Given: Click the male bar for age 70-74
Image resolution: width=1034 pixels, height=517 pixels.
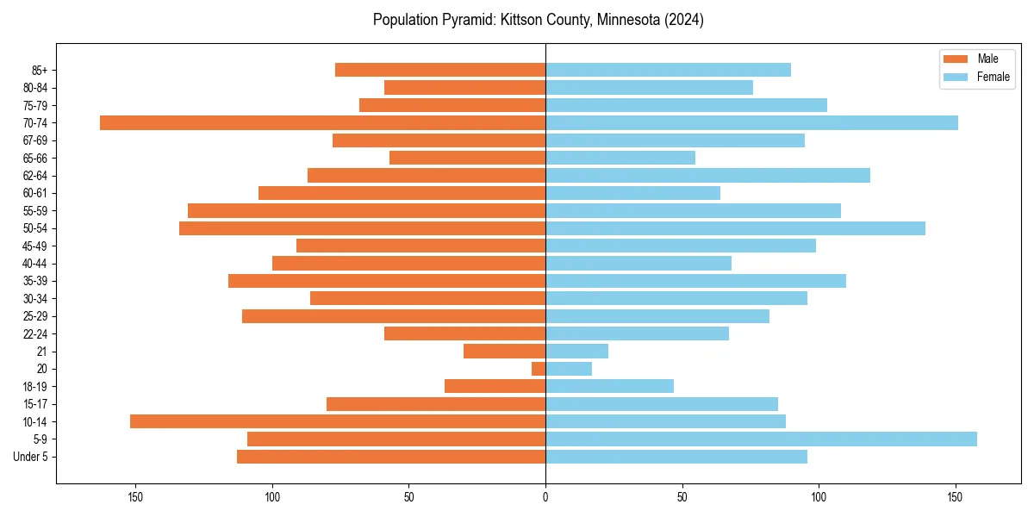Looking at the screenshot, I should click(x=323, y=122).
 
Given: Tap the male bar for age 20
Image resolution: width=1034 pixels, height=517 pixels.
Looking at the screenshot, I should click(x=539, y=369).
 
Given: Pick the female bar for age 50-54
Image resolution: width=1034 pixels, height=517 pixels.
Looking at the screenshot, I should click(x=735, y=228).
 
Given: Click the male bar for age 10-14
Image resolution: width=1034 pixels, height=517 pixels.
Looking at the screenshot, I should click(x=338, y=421).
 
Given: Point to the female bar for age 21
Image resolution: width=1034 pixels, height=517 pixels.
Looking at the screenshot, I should click(x=576, y=351).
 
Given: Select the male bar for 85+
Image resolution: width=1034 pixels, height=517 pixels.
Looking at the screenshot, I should click(x=440, y=70).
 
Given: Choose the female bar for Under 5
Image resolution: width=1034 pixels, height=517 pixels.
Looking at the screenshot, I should click(x=676, y=457).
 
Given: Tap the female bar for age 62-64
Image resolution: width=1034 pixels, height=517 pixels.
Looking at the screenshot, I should click(x=707, y=175).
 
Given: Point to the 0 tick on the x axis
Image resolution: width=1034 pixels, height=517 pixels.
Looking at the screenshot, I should click(x=545, y=497).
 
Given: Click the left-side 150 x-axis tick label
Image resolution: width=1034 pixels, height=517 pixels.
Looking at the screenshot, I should click(x=135, y=497).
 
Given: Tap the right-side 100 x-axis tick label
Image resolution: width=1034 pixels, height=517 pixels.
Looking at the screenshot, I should click(x=819, y=497).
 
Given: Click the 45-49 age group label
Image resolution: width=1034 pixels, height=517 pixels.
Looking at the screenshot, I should click(x=34, y=246).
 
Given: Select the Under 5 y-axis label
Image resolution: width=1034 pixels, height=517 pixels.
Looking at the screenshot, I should click(x=31, y=457).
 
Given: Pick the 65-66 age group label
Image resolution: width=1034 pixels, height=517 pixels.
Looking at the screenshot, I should click(x=34, y=158).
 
